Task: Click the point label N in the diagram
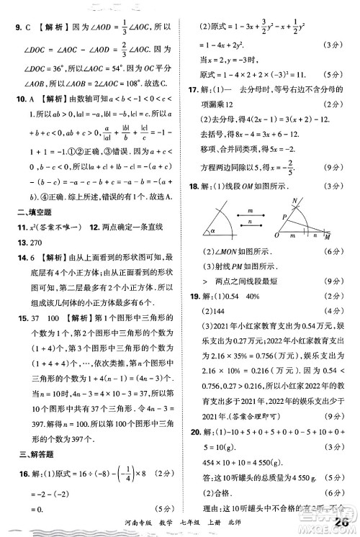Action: [295, 200]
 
